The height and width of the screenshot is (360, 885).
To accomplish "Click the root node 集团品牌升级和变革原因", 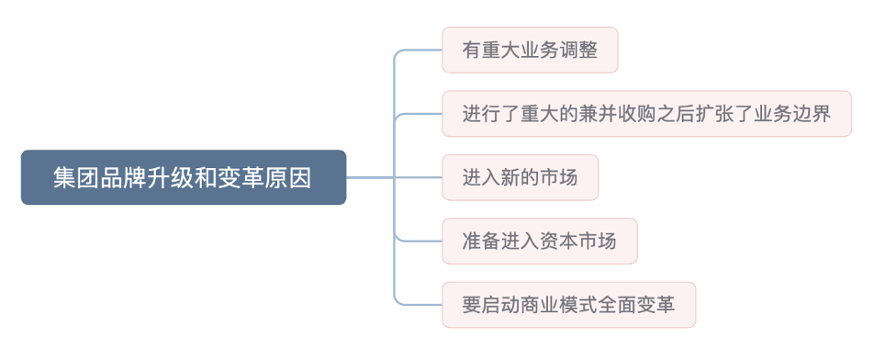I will tap(184, 177).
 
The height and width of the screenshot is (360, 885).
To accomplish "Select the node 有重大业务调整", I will tap(530, 51).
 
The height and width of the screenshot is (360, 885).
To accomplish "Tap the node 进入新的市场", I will tap(520, 177).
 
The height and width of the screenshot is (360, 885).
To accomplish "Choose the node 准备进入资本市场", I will tap(539, 242).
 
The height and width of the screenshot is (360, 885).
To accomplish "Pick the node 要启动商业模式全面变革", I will tap(568, 305).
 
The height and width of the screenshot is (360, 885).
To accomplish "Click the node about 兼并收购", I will tap(646, 114).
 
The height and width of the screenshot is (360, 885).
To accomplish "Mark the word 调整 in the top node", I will tap(577, 51).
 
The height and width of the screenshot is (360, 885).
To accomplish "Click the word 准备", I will tap(482, 242).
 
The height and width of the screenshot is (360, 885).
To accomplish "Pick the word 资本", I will tap(558, 242).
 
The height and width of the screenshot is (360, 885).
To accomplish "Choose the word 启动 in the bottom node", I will tap(501, 305).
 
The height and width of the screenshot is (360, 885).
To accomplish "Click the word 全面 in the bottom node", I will tap(617, 305).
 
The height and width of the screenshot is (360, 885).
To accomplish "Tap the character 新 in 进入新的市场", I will tap(510, 177).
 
